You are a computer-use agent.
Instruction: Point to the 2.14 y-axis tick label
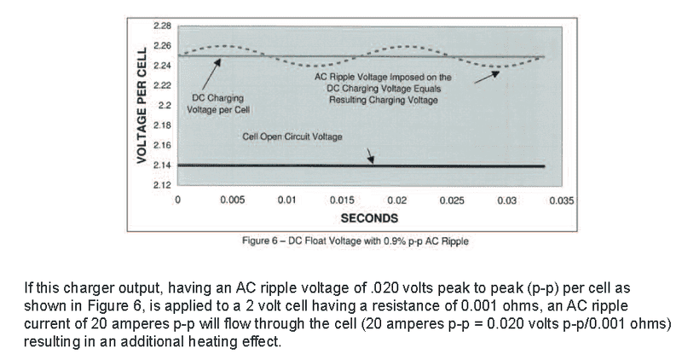click(x=162, y=165)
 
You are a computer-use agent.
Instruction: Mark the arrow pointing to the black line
click(x=369, y=154)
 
